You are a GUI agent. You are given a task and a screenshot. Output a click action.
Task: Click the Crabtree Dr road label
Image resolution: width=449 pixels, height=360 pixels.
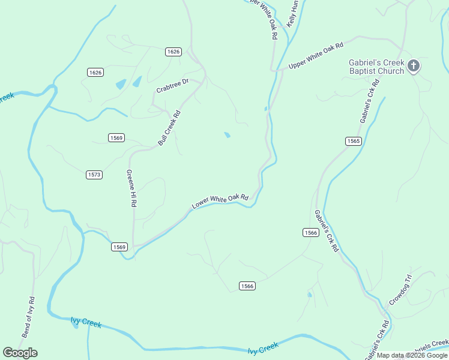pos(173,86)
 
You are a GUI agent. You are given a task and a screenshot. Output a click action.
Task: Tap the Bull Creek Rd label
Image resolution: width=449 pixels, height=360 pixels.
pos(169,128)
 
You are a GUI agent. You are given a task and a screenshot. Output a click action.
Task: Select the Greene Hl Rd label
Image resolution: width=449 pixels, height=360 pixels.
pos(131,188)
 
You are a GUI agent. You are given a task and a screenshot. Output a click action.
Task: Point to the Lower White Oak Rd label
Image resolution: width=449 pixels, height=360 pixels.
pos(220,201)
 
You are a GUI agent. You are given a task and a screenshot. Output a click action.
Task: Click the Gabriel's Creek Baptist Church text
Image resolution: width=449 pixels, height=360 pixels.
pos(377,67)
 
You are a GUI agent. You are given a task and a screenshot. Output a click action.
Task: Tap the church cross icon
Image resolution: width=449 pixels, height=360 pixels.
pos(414,66)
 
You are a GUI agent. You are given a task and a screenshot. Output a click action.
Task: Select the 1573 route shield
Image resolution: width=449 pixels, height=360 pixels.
pos(94,175)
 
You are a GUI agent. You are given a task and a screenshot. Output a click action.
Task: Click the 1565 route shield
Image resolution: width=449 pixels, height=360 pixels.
pos(354,141)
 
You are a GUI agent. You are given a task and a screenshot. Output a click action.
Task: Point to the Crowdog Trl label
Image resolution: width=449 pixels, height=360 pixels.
pos(400,290)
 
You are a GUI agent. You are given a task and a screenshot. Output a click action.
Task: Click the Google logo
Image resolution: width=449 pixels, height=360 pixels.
pos(20,353)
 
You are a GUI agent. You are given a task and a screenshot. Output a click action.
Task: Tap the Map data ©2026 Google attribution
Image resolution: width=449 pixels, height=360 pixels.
pos(412,355)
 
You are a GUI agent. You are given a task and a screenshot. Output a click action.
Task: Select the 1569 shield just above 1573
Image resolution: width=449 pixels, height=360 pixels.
pos(116,138)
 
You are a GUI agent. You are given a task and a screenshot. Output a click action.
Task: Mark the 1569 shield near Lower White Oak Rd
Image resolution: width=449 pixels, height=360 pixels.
pos(119,247)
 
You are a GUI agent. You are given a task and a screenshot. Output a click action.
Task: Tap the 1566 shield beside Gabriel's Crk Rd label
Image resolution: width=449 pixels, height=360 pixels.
pos(310,232)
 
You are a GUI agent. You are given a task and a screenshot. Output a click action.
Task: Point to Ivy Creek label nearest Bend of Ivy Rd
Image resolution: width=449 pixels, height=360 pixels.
pos(86,323)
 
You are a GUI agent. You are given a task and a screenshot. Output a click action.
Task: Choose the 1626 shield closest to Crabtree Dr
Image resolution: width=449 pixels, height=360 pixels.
pos(173,52)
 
